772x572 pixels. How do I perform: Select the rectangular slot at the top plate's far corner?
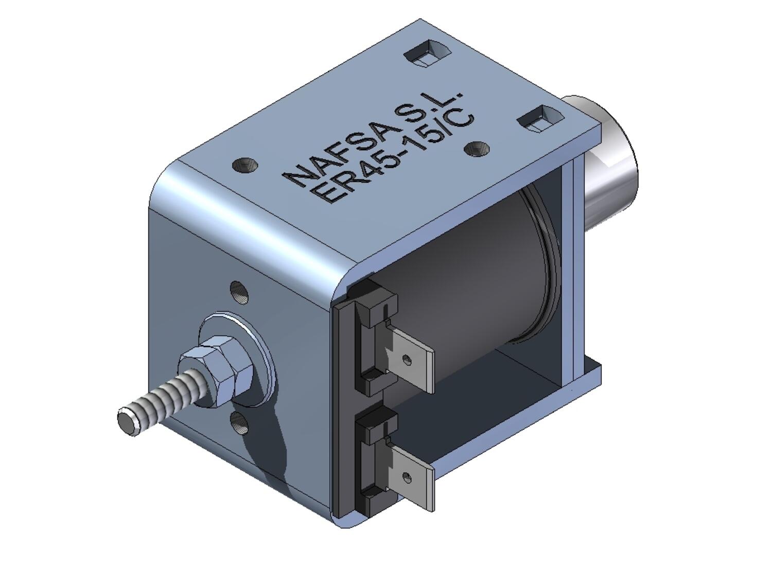point(427,52)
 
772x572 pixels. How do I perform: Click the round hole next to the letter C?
point(477,149)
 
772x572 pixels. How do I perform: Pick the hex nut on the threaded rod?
point(217,368)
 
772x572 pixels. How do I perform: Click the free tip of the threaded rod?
point(127,421)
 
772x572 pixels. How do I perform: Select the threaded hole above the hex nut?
point(239,292)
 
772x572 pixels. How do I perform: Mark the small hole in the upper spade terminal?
point(407,359)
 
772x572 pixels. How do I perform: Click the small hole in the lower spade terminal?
point(406,477)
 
